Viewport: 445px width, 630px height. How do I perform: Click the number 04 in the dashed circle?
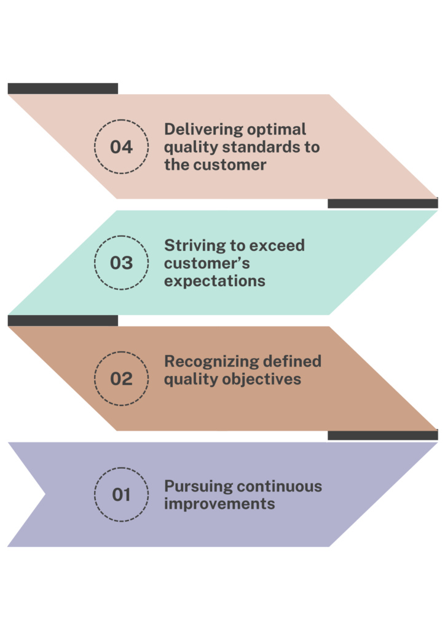coord(121,147)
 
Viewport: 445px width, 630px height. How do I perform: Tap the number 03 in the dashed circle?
coord(121,263)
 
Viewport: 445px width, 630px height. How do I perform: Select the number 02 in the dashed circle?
coord(121,378)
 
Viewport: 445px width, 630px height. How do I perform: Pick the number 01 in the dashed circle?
coord(121,494)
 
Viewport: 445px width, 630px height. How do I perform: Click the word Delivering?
coord(202,130)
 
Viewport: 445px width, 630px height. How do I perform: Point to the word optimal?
coord(276,130)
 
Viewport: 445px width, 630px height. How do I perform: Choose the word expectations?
coord(215,281)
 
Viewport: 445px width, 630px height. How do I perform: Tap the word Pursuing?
coord(198,486)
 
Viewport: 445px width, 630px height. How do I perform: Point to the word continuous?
coord(280,486)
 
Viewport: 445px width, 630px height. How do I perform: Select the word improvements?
coord(219,503)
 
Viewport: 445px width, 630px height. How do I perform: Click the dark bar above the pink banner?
coord(63,88)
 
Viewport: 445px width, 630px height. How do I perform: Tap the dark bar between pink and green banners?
coord(383,204)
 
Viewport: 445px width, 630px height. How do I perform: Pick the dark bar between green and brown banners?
coord(63,321)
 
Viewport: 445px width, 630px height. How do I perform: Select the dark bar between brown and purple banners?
coord(383,436)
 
